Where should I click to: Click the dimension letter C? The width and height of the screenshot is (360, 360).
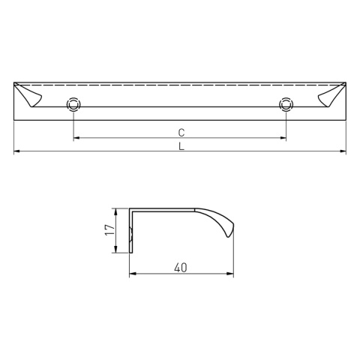181,132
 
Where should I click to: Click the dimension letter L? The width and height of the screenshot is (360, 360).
181,147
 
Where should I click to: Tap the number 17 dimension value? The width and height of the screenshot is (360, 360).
109,231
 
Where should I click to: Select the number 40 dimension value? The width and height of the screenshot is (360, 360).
181,267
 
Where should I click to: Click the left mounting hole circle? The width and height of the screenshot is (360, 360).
73,104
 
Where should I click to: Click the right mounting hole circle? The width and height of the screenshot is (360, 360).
285,104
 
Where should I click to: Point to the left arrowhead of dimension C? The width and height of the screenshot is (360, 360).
76,139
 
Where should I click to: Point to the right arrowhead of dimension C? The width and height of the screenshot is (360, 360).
282,139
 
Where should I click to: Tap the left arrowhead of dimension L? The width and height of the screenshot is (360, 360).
18,153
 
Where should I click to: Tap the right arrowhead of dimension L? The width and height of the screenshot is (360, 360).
343,153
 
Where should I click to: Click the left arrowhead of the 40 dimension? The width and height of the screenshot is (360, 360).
133,274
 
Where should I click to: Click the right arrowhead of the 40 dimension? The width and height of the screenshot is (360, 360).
231,274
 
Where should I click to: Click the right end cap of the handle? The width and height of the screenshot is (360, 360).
331,96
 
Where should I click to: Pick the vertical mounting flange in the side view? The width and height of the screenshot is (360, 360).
132,231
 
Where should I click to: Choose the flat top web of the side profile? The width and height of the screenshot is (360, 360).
165,209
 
